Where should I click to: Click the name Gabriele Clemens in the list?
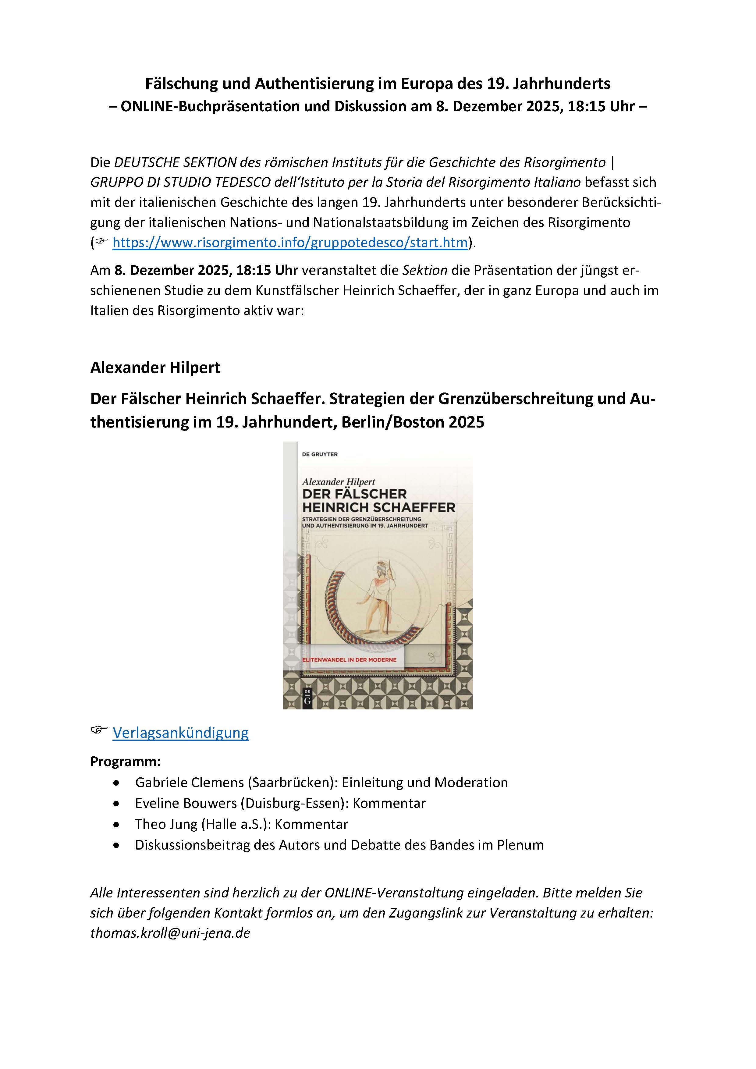[x=190, y=782]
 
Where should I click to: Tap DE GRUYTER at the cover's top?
[x=320, y=454]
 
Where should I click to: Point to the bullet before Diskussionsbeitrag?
[x=116, y=845]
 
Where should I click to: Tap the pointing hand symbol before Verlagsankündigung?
[x=99, y=730]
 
